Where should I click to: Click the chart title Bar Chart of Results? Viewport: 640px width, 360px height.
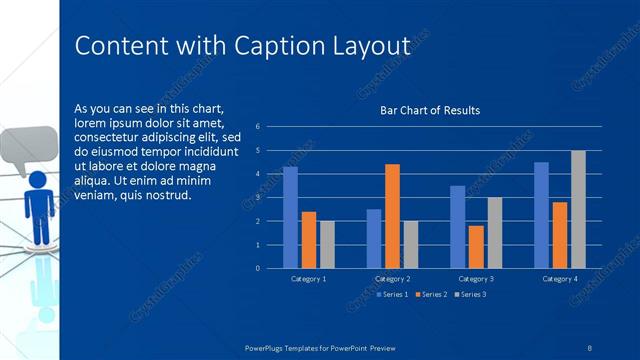tap(430, 110)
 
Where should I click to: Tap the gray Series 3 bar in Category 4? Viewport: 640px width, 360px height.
tap(578, 209)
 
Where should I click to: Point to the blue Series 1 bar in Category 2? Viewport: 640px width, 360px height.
tap(374, 238)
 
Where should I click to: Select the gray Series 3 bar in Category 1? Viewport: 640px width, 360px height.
tap(327, 244)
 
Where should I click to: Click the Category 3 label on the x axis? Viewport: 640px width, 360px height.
tap(475, 278)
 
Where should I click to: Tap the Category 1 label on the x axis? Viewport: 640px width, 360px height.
tap(308, 278)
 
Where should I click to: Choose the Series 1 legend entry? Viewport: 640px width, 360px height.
tap(391, 294)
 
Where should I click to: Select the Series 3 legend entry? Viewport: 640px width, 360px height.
tap(471, 294)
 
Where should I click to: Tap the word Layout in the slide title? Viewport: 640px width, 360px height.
tap(369, 47)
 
